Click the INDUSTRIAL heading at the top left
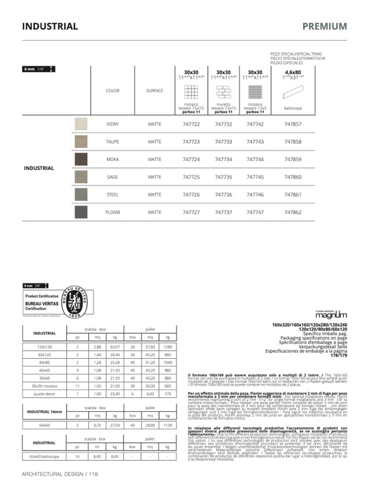[50, 26]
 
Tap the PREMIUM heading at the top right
[324, 26]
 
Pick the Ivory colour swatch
[81, 124]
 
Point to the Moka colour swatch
[81, 159]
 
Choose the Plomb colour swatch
[81, 212]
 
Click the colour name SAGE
[112, 177]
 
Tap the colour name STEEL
[112, 195]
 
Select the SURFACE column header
[154, 91]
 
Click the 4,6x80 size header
[293, 72]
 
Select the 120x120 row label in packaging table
[44, 346]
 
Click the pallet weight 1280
[168, 346]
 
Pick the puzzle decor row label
[44, 393]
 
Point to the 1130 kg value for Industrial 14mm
[168, 424]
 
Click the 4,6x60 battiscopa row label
[44, 456]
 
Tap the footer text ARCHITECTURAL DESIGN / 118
[59, 474]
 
